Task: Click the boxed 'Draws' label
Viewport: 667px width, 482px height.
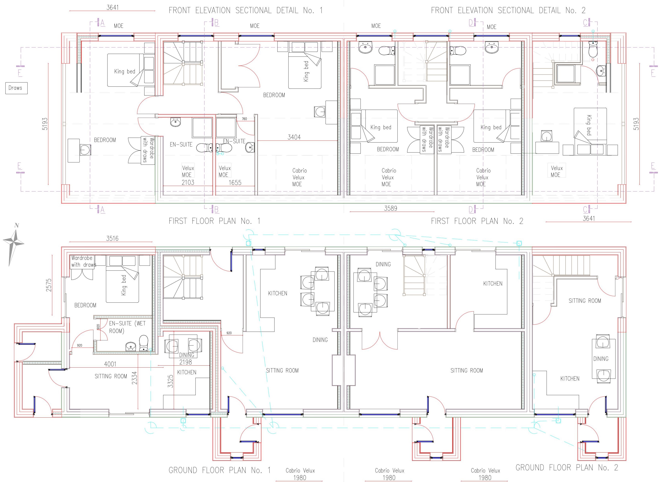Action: tap(16, 88)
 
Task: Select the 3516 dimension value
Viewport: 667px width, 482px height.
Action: tap(112, 238)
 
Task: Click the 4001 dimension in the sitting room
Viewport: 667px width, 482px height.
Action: tap(110, 364)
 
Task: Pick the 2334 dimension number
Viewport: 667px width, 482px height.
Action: tap(134, 378)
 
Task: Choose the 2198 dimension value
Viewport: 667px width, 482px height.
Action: tap(186, 362)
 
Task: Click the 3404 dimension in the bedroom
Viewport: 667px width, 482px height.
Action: tap(294, 137)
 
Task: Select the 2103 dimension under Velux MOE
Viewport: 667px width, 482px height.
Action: tap(188, 182)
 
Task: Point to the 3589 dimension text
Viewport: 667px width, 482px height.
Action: tap(391, 208)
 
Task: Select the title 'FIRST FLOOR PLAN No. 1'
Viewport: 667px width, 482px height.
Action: tap(214, 221)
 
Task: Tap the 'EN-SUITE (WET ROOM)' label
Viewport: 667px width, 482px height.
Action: tap(127, 327)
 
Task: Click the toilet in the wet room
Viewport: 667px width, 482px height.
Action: tap(143, 343)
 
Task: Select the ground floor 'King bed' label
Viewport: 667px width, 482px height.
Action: tap(124, 285)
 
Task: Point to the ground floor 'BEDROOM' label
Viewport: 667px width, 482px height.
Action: tap(85, 305)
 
